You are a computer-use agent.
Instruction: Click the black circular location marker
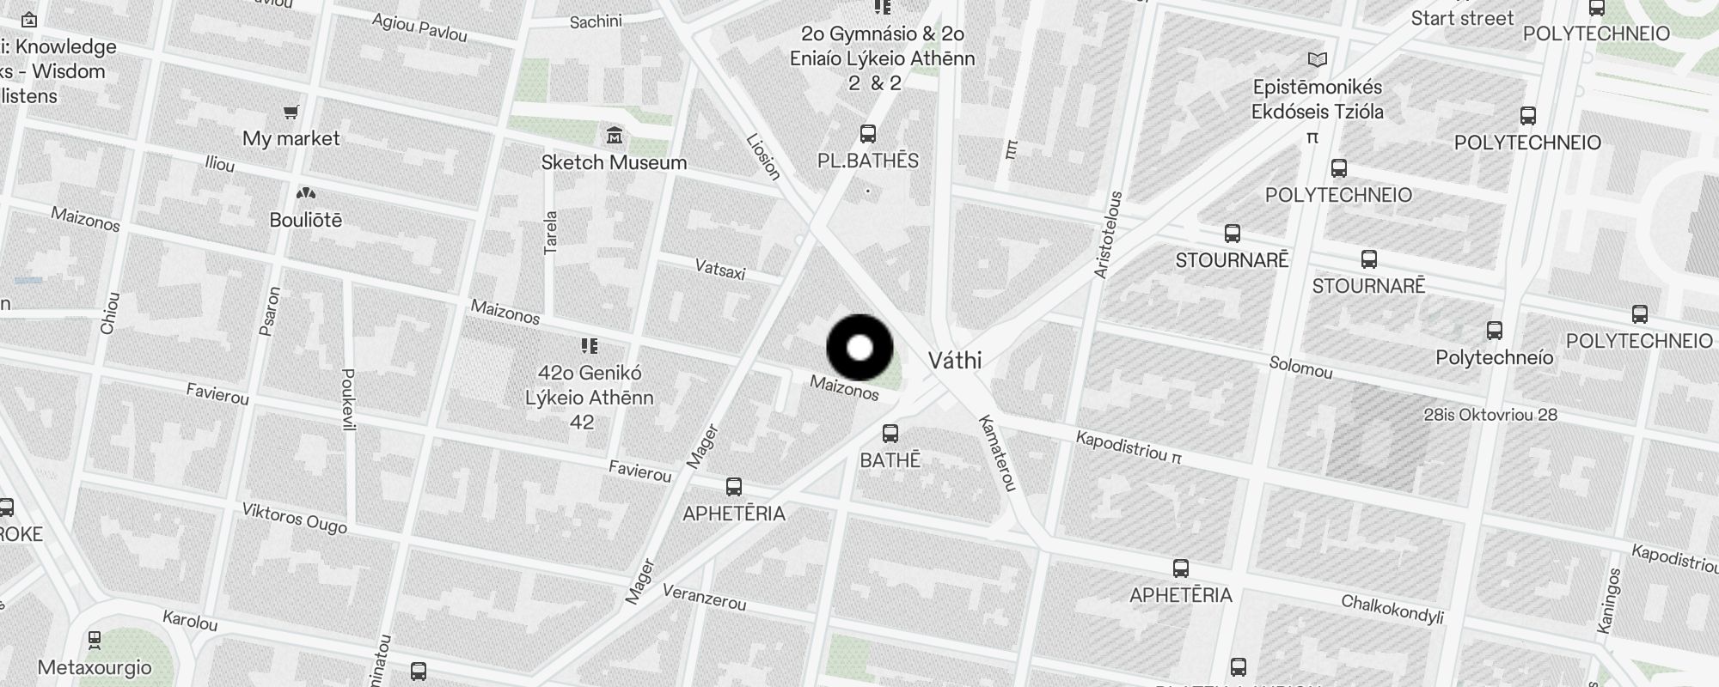pyautogui.click(x=859, y=348)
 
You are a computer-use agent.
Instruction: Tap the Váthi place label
pyautogui.click(x=955, y=361)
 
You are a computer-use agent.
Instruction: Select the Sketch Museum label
pyautogui.click(x=614, y=162)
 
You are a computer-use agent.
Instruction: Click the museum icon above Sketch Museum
pyautogui.click(x=615, y=136)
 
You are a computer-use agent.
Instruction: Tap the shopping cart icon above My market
pyautogui.click(x=291, y=112)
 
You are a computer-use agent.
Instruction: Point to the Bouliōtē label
pyautogui.click(x=305, y=220)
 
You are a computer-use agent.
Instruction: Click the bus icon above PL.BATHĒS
pyautogui.click(x=868, y=134)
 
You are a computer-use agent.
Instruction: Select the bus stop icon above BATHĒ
pyautogui.click(x=890, y=434)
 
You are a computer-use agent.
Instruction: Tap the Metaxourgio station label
pyautogui.click(x=95, y=667)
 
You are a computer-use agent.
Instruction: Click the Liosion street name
pyautogui.click(x=763, y=157)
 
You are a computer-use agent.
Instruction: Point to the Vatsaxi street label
pyautogui.click(x=720, y=270)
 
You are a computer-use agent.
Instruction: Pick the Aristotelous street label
pyautogui.click(x=1108, y=234)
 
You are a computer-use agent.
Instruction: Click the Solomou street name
pyautogui.click(x=1300, y=368)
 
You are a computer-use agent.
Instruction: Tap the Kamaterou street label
pyautogui.click(x=998, y=453)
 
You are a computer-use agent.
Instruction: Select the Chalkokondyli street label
pyautogui.click(x=1392, y=609)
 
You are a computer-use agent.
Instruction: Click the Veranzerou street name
pyautogui.click(x=704, y=597)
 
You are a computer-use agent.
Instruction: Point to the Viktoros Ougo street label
pyautogui.click(x=294, y=518)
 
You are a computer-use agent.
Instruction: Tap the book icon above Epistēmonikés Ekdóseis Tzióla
pyautogui.click(x=1317, y=60)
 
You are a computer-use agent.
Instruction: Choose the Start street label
pyautogui.click(x=1461, y=18)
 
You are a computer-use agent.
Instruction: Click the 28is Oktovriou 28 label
pyautogui.click(x=1490, y=415)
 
